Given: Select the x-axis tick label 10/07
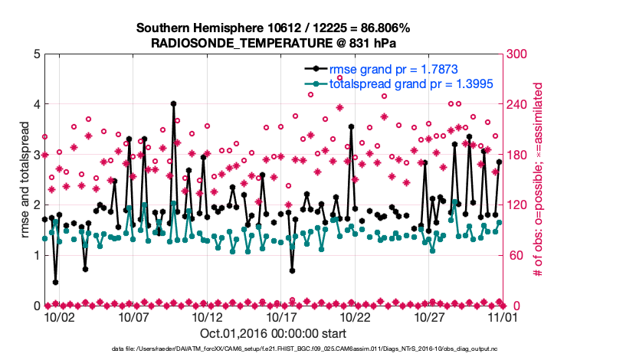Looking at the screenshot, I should point(133,316).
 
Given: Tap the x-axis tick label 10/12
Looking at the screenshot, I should point(208,316).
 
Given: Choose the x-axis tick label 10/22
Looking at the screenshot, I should point(356,316).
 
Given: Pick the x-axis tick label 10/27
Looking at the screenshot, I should point(430,316).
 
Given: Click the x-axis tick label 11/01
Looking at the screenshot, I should point(503,316).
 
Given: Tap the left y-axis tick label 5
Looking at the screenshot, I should point(37,54).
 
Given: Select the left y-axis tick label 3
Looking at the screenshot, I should point(37,155).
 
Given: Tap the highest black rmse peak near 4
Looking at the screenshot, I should point(174,103).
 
